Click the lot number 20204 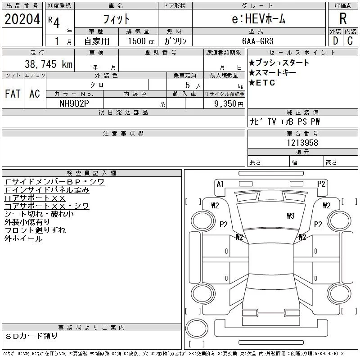[22, 19]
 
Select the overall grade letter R [343, 18]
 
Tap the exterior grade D [335, 41]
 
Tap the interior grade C [350, 41]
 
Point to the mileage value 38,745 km [49, 64]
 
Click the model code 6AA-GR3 [258, 41]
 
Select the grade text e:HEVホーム [258, 19]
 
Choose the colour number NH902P [74, 103]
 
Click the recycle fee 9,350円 [229, 104]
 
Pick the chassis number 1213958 [302, 143]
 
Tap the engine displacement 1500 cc [141, 41]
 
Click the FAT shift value [13, 94]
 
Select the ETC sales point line [262, 83]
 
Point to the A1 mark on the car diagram [220, 184]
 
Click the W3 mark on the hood [291, 216]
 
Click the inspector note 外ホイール [23, 238]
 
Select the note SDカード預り [31, 336]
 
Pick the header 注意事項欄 [123, 133]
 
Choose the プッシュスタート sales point [279, 63]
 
